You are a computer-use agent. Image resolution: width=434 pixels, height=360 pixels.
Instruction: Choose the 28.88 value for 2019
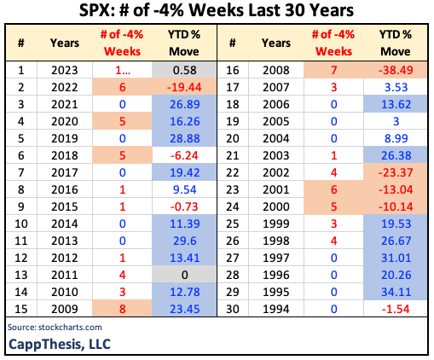point(185,136)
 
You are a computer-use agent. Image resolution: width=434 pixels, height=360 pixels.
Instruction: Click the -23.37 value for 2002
point(395,171)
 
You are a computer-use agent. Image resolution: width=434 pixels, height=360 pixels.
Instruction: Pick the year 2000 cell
point(275,206)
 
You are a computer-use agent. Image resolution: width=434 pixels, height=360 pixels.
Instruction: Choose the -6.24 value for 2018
point(185,154)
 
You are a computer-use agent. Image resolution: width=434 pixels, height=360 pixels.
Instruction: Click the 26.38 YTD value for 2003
point(395,154)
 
